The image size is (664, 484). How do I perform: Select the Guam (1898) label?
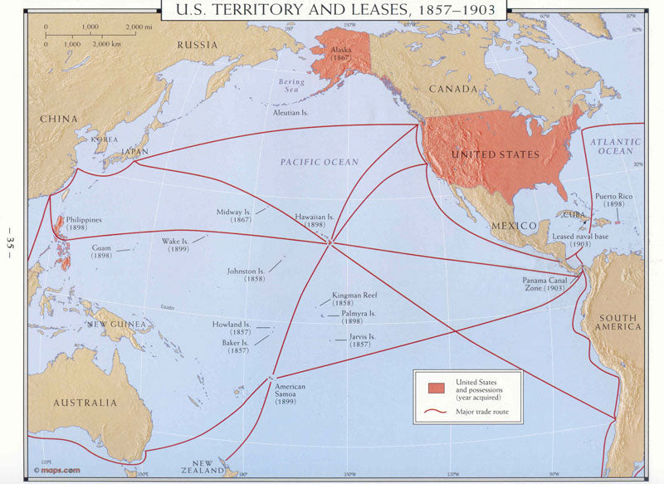coord(101,252)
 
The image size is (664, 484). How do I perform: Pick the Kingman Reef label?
coord(354,299)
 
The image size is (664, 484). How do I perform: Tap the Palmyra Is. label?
coord(358,317)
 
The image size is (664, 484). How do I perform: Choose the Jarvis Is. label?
coord(362,340)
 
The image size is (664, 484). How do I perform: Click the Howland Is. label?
coord(231,328)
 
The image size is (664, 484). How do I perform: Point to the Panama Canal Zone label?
coord(547,283)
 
